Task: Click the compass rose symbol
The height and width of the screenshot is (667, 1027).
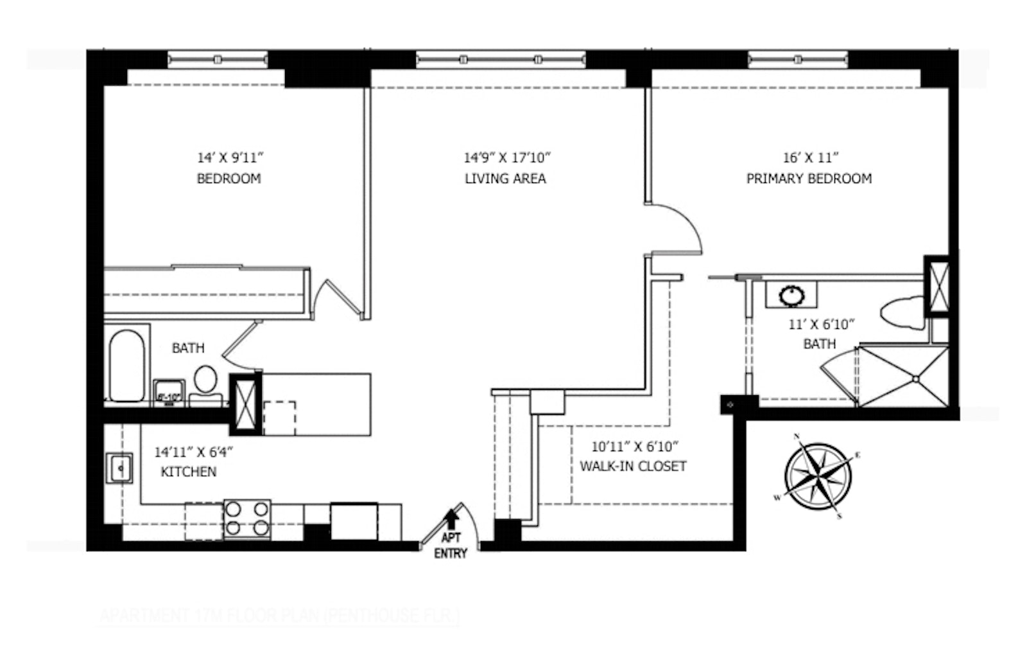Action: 818,476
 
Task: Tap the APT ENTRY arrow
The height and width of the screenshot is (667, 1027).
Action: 453,517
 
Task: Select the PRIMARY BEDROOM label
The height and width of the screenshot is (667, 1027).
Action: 809,179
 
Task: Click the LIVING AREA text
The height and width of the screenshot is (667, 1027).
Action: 505,179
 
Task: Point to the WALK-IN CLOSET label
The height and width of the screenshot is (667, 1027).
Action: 633,467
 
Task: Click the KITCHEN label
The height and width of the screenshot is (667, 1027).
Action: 188,472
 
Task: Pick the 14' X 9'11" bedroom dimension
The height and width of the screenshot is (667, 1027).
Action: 230,157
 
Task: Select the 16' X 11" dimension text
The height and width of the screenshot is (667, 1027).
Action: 810,157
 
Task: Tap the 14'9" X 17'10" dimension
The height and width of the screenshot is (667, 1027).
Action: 507,157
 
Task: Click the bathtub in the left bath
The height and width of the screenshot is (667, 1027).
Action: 126,366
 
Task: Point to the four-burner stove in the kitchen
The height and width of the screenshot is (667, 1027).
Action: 246,519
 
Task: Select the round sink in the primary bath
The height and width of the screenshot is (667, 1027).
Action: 792,295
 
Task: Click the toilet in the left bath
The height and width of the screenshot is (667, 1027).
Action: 205,380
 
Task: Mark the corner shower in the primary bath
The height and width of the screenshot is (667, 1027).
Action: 904,377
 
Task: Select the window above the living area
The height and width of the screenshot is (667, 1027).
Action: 500,60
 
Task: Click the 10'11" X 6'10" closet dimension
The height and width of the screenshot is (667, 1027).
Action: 634,446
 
